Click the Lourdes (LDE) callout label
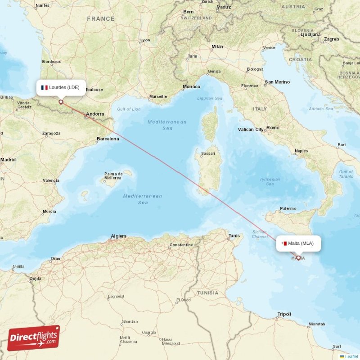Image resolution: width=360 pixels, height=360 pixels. (60, 87)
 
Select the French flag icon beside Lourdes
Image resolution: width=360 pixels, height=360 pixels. (45, 87)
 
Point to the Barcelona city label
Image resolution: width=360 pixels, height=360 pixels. (108, 139)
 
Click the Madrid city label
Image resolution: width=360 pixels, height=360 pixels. (8, 159)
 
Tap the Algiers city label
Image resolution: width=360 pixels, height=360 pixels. (118, 236)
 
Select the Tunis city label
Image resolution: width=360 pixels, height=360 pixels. (234, 236)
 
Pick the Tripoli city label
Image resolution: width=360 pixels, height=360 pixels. (284, 314)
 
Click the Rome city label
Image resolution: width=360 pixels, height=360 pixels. (273, 128)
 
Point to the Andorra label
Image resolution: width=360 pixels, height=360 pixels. (95, 114)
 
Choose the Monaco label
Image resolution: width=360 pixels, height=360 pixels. (191, 86)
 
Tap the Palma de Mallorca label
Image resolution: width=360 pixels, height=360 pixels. (113, 176)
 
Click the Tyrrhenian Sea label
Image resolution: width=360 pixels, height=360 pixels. (270, 181)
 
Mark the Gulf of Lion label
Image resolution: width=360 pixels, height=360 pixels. (128, 109)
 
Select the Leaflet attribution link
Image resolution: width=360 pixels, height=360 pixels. (351, 356)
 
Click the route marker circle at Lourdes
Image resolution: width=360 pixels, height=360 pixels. (61, 102)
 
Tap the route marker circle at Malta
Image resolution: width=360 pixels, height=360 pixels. (298, 258)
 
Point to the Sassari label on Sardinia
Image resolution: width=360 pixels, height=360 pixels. (208, 153)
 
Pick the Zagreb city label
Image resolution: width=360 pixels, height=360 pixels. (331, 39)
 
